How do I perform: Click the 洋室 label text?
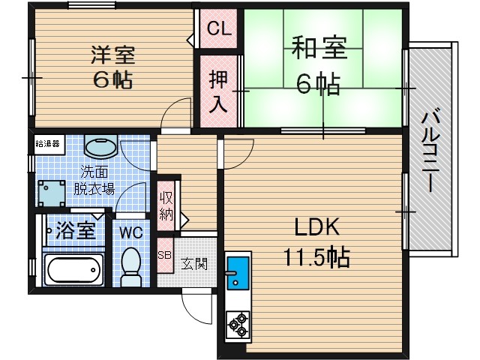pos(113,55)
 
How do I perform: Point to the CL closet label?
pos(218,29)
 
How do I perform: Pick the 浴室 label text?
pos(76,230)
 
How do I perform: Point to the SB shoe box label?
pos(164,255)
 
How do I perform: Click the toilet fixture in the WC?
pos(131,267)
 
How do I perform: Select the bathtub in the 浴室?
pos(73,268)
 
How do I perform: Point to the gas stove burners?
pos(238,322)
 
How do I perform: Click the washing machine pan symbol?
pos(52,193)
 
